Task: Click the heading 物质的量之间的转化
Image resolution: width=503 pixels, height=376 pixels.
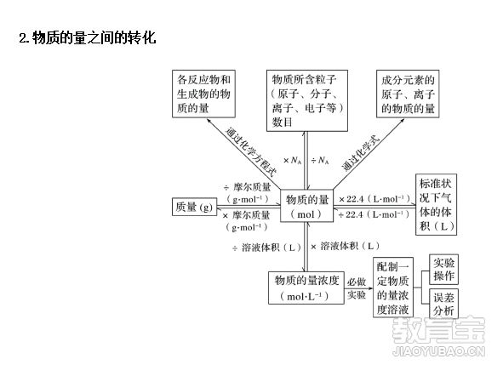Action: click(x=94, y=37)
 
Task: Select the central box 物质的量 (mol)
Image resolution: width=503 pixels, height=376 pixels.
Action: click(x=306, y=206)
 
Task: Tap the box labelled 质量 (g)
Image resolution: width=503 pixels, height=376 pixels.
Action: click(x=194, y=207)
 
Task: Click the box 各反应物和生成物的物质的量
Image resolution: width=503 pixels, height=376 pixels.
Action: click(x=203, y=94)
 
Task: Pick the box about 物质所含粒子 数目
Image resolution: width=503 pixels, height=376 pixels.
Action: click(x=307, y=100)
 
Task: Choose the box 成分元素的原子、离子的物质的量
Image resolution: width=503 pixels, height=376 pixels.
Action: click(x=408, y=94)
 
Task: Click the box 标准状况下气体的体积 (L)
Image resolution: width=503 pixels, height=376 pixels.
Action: click(x=437, y=205)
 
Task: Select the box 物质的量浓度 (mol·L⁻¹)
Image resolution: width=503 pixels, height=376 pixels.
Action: click(x=306, y=288)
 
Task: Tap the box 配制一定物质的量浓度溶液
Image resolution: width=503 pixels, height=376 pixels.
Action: click(x=393, y=288)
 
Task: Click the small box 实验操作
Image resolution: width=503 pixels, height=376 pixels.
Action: click(x=444, y=270)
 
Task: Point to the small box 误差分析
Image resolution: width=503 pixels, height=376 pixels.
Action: click(x=444, y=304)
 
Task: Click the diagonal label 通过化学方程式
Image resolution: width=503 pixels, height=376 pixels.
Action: click(x=251, y=151)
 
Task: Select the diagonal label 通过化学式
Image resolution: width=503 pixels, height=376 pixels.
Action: click(x=361, y=153)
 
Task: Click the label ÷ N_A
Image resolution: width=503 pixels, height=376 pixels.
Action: click(x=320, y=160)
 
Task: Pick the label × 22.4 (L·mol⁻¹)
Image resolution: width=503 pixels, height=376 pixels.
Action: click(x=374, y=199)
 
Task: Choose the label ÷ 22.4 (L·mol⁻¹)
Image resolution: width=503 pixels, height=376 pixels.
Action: click(x=374, y=214)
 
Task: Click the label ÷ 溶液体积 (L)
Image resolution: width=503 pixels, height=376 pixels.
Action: click(x=266, y=248)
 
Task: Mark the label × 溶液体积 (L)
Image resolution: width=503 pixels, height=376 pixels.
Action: click(x=345, y=246)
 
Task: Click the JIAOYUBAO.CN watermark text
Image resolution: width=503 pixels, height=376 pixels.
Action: click(x=439, y=351)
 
